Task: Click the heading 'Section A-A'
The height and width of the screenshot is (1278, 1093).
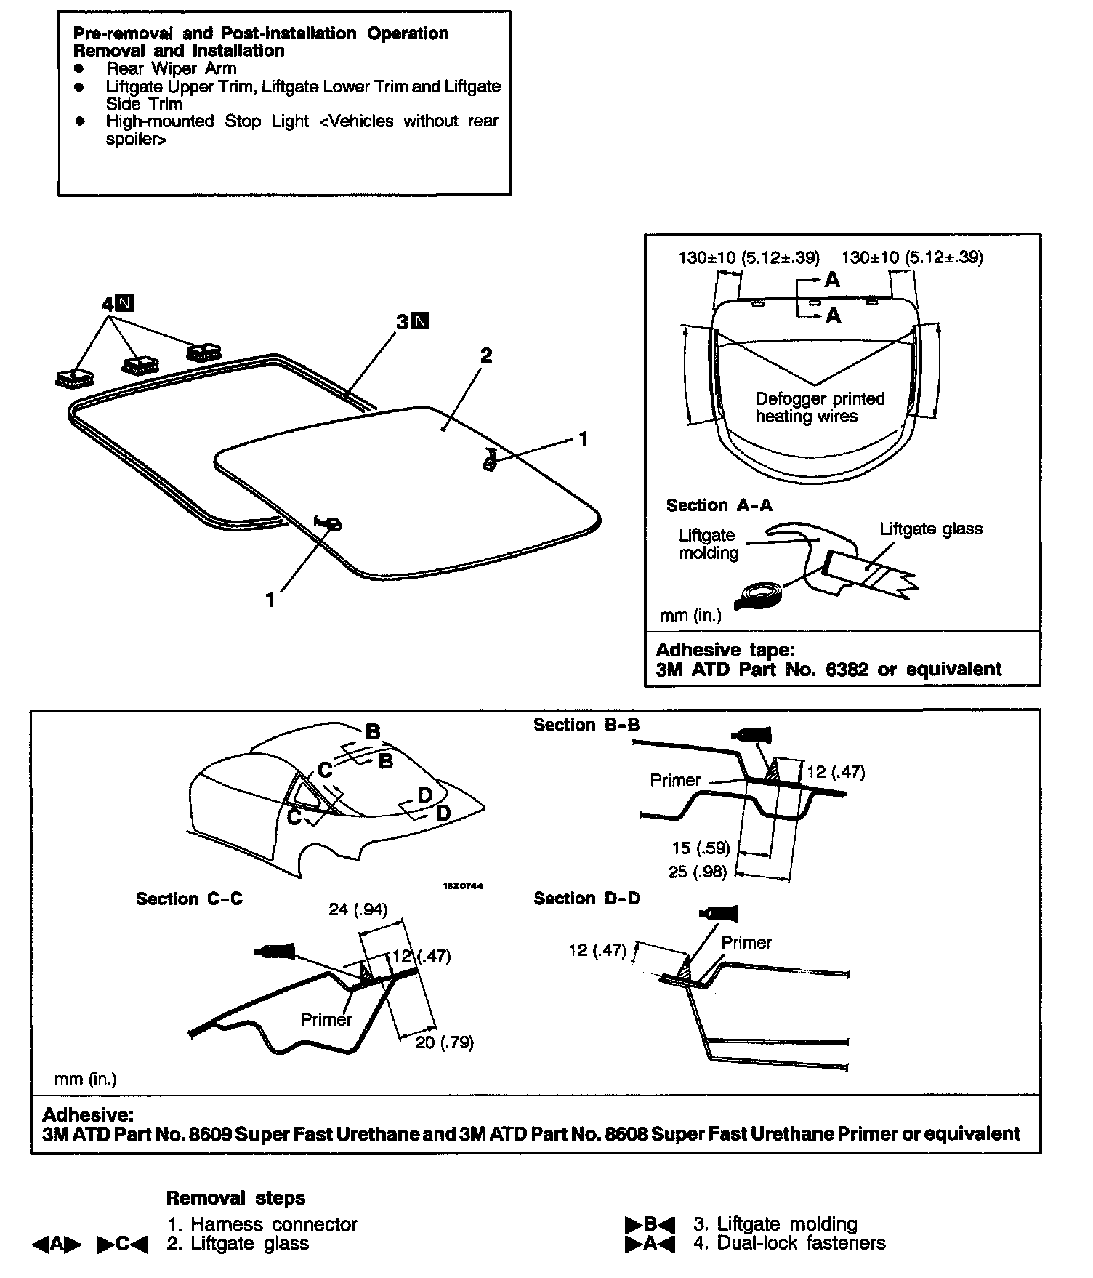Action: [719, 505]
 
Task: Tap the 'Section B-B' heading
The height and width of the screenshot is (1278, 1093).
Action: [586, 725]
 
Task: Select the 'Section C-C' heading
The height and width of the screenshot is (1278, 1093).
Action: [189, 899]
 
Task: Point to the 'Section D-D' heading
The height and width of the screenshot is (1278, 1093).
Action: [586, 899]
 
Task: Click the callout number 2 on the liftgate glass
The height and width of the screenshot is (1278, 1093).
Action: [486, 355]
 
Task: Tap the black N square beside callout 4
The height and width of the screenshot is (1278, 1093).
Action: [125, 304]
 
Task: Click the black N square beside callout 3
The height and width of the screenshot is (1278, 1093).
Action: [421, 321]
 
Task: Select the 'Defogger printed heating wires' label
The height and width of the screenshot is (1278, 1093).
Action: [819, 407]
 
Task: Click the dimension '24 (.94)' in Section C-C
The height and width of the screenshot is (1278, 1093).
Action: [358, 909]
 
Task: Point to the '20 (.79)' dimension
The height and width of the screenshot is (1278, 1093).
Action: [444, 1042]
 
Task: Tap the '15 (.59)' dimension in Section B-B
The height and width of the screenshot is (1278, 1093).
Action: [701, 848]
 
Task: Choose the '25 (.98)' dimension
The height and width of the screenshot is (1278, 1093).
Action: [698, 871]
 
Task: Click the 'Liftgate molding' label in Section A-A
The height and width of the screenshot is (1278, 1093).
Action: [708, 544]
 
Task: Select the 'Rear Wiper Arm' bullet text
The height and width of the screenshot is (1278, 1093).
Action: [172, 68]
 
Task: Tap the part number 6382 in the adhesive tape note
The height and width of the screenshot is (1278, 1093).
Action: [847, 669]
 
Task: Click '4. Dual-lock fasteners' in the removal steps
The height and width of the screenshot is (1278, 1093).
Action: [789, 1243]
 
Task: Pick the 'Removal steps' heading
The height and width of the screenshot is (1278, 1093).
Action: [235, 1198]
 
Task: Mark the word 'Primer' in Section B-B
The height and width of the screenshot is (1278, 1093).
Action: [675, 780]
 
